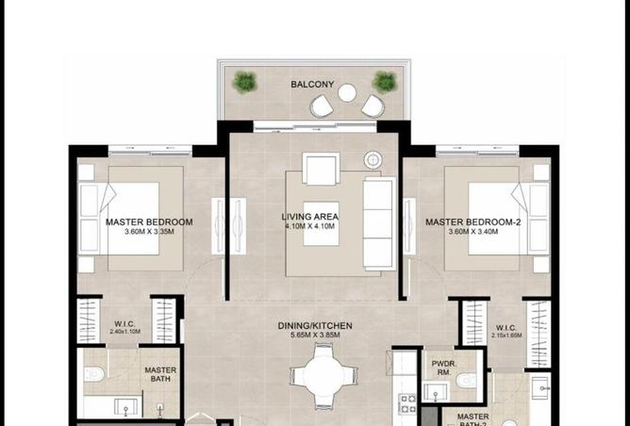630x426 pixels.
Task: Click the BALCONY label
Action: coord(312,85)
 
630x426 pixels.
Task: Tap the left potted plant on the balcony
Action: coord(245,81)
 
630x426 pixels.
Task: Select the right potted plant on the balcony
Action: coord(382,81)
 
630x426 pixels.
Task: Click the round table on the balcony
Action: coord(347,92)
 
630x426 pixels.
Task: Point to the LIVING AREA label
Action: coord(310,217)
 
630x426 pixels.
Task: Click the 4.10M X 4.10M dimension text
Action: coord(310,227)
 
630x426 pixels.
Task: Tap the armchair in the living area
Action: coord(320,170)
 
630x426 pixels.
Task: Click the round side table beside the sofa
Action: coord(373,159)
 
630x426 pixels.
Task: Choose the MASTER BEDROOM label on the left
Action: coord(149,222)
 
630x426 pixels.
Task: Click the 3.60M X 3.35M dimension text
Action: coord(149,233)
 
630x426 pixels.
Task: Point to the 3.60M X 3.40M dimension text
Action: coord(472,233)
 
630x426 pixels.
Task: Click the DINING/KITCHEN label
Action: coord(315,325)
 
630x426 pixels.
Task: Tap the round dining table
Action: coord(324,371)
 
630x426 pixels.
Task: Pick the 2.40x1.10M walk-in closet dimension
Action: coord(126,332)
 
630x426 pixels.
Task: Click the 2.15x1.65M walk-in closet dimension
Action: coord(506,335)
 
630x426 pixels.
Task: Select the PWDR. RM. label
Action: coord(444,367)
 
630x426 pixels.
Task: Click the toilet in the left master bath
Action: coord(93,374)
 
